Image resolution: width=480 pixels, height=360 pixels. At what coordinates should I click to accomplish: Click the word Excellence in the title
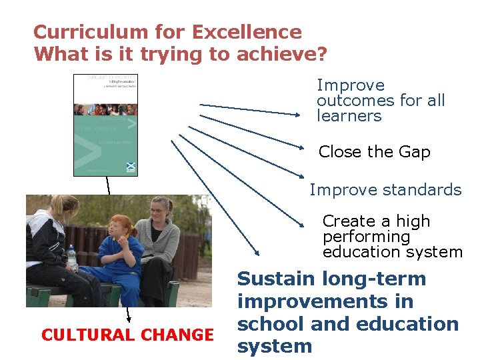246,32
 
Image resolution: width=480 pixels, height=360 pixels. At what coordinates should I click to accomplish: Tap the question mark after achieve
321,54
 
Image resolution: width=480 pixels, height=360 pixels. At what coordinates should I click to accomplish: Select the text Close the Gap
374,152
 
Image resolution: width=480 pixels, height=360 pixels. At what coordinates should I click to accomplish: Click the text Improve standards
385,190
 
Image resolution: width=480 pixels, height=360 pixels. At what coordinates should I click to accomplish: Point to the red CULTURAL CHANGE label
127,335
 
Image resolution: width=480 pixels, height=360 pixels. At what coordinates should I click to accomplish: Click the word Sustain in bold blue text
276,279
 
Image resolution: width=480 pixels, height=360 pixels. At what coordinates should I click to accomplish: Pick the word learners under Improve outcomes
349,116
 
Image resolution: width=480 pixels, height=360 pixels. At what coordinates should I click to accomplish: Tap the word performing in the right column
366,237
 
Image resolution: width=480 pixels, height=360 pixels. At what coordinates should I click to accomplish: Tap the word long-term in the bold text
373,279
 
